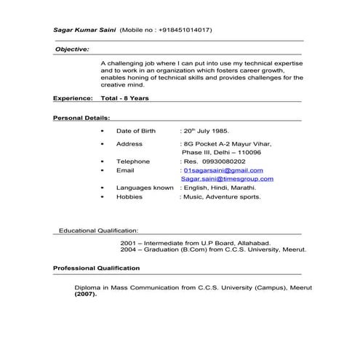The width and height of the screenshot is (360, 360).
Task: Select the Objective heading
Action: point(72,49)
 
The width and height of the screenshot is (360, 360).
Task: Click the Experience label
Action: point(73,97)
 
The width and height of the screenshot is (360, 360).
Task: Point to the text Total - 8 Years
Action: point(126,97)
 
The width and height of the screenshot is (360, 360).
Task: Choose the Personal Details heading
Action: point(81,117)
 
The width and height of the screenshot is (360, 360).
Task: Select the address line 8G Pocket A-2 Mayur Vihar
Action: point(227,144)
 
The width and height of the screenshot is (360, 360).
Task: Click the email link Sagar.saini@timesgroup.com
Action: point(228,179)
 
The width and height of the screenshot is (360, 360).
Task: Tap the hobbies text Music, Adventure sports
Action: point(222,196)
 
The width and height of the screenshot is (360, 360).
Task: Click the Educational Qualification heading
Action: point(97,231)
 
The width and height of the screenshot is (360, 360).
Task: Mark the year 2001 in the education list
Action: point(128,242)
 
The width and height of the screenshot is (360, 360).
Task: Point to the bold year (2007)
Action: point(84,296)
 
